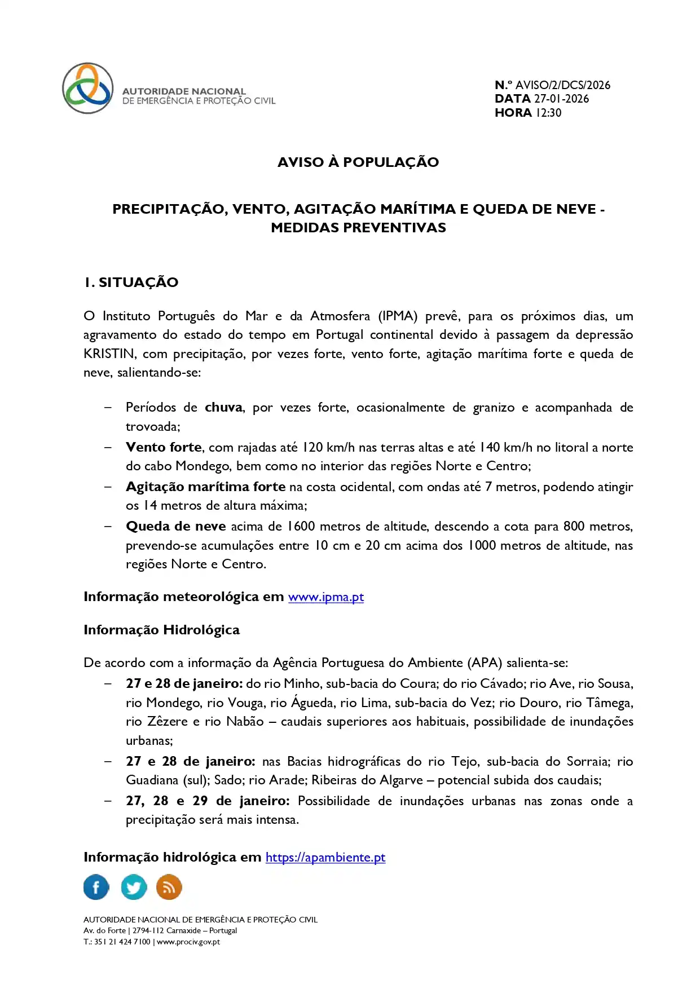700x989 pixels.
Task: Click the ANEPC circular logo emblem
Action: tap(87, 89)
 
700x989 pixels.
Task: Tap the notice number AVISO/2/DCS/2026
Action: tap(562, 85)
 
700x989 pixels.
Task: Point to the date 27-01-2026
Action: tap(561, 99)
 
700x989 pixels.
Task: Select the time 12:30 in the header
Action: tap(548, 113)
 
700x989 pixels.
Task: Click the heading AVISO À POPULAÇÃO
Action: tap(358, 162)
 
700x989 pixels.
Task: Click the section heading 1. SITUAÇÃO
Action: tap(131, 282)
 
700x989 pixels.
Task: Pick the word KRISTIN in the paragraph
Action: tap(109, 354)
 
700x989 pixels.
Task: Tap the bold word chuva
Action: tap(223, 408)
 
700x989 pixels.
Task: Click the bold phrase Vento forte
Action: tap(164, 448)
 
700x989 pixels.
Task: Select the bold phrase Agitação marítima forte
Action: tap(205, 487)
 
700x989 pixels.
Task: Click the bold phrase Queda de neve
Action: tap(175, 527)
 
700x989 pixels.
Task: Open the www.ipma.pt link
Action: tap(325, 597)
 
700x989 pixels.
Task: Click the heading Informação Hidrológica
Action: tap(161, 630)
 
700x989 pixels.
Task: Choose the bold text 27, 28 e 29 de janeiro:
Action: tap(208, 801)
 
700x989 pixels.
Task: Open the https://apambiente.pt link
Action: tap(325, 858)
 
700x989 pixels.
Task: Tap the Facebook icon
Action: tap(96, 888)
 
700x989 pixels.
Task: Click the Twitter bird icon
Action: tap(134, 888)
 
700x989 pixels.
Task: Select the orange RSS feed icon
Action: tap(169, 888)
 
